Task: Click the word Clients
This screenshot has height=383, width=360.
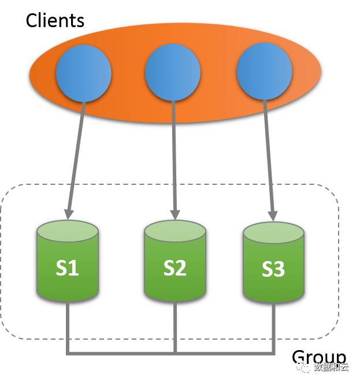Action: pyautogui.click(x=55, y=21)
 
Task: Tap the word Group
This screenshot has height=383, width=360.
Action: pyautogui.click(x=318, y=358)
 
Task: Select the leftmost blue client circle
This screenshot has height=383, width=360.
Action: pyautogui.click(x=83, y=74)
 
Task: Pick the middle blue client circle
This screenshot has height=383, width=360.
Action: pyautogui.click(x=172, y=74)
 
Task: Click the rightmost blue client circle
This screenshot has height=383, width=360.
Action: pyautogui.click(x=265, y=74)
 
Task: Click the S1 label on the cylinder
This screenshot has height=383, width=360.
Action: pyautogui.click(x=68, y=269)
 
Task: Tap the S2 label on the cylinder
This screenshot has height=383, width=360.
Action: pyautogui.click(x=175, y=269)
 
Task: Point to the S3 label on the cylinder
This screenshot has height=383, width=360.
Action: pyautogui.click(x=273, y=270)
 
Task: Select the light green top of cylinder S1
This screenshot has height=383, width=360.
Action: pyautogui.click(x=68, y=232)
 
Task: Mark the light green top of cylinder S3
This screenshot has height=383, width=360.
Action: pyautogui.click(x=273, y=233)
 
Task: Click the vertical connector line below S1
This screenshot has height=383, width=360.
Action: pyautogui.click(x=68, y=326)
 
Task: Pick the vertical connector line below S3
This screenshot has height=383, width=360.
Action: pyautogui.click(x=273, y=326)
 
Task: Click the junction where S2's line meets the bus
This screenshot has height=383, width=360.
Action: pyautogui.click(x=175, y=352)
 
